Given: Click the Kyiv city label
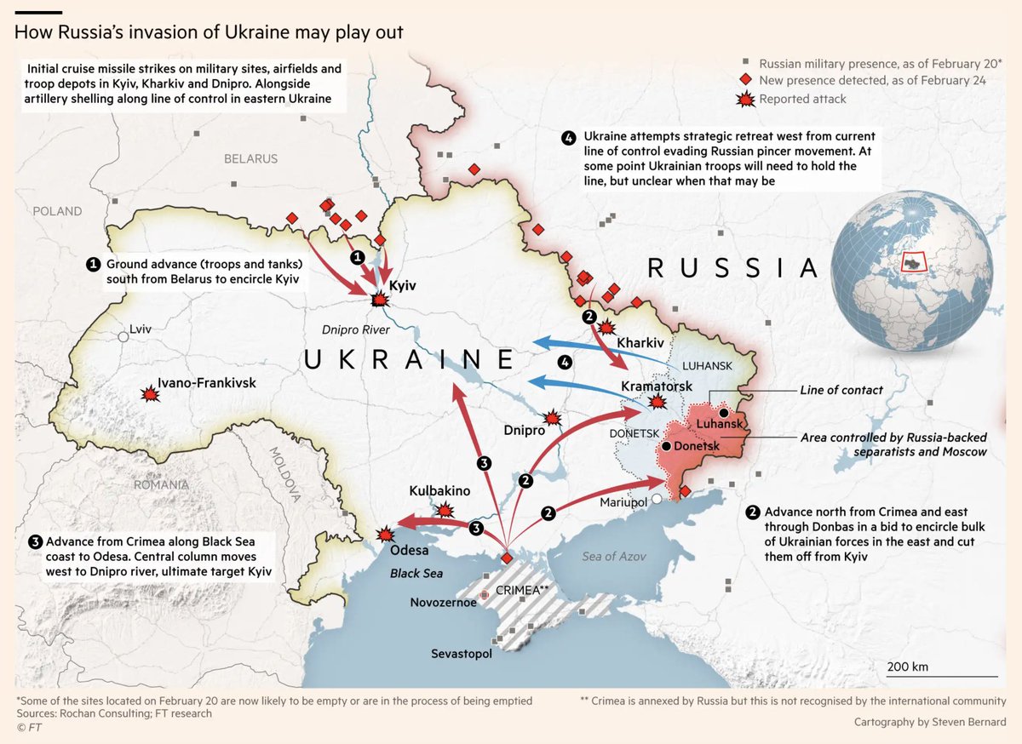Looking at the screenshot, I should tap(402, 286).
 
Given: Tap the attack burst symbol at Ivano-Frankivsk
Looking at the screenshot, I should tap(151, 395).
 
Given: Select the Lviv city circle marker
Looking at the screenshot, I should tap(124, 337).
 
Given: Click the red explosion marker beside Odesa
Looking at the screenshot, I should tap(386, 535).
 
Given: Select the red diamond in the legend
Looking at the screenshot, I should tap(745, 80).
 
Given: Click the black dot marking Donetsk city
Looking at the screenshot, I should tap(666, 446).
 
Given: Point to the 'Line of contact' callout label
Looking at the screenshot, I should tap(841, 390).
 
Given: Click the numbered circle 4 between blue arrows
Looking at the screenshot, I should tap(565, 362).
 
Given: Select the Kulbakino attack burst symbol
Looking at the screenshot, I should tap(444, 510).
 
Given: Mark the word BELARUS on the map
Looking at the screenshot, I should tap(250, 158).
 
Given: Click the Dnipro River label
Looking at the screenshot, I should tap(356, 329).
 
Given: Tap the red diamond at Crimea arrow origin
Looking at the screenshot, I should tap(506, 558).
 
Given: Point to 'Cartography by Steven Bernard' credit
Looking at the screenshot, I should tap(930, 722).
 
